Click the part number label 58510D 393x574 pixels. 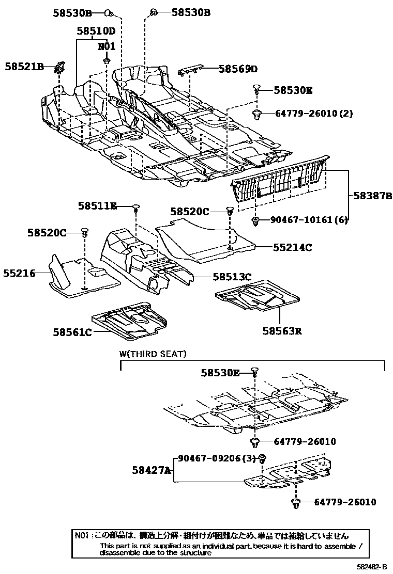96,31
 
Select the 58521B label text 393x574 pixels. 24,66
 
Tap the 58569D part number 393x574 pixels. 237,69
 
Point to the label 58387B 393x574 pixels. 373,196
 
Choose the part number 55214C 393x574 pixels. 293,247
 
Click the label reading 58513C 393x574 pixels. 232,277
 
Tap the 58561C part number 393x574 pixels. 72,332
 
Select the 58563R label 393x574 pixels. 282,330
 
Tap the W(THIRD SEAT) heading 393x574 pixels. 153,354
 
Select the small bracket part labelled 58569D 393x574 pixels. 191,70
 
